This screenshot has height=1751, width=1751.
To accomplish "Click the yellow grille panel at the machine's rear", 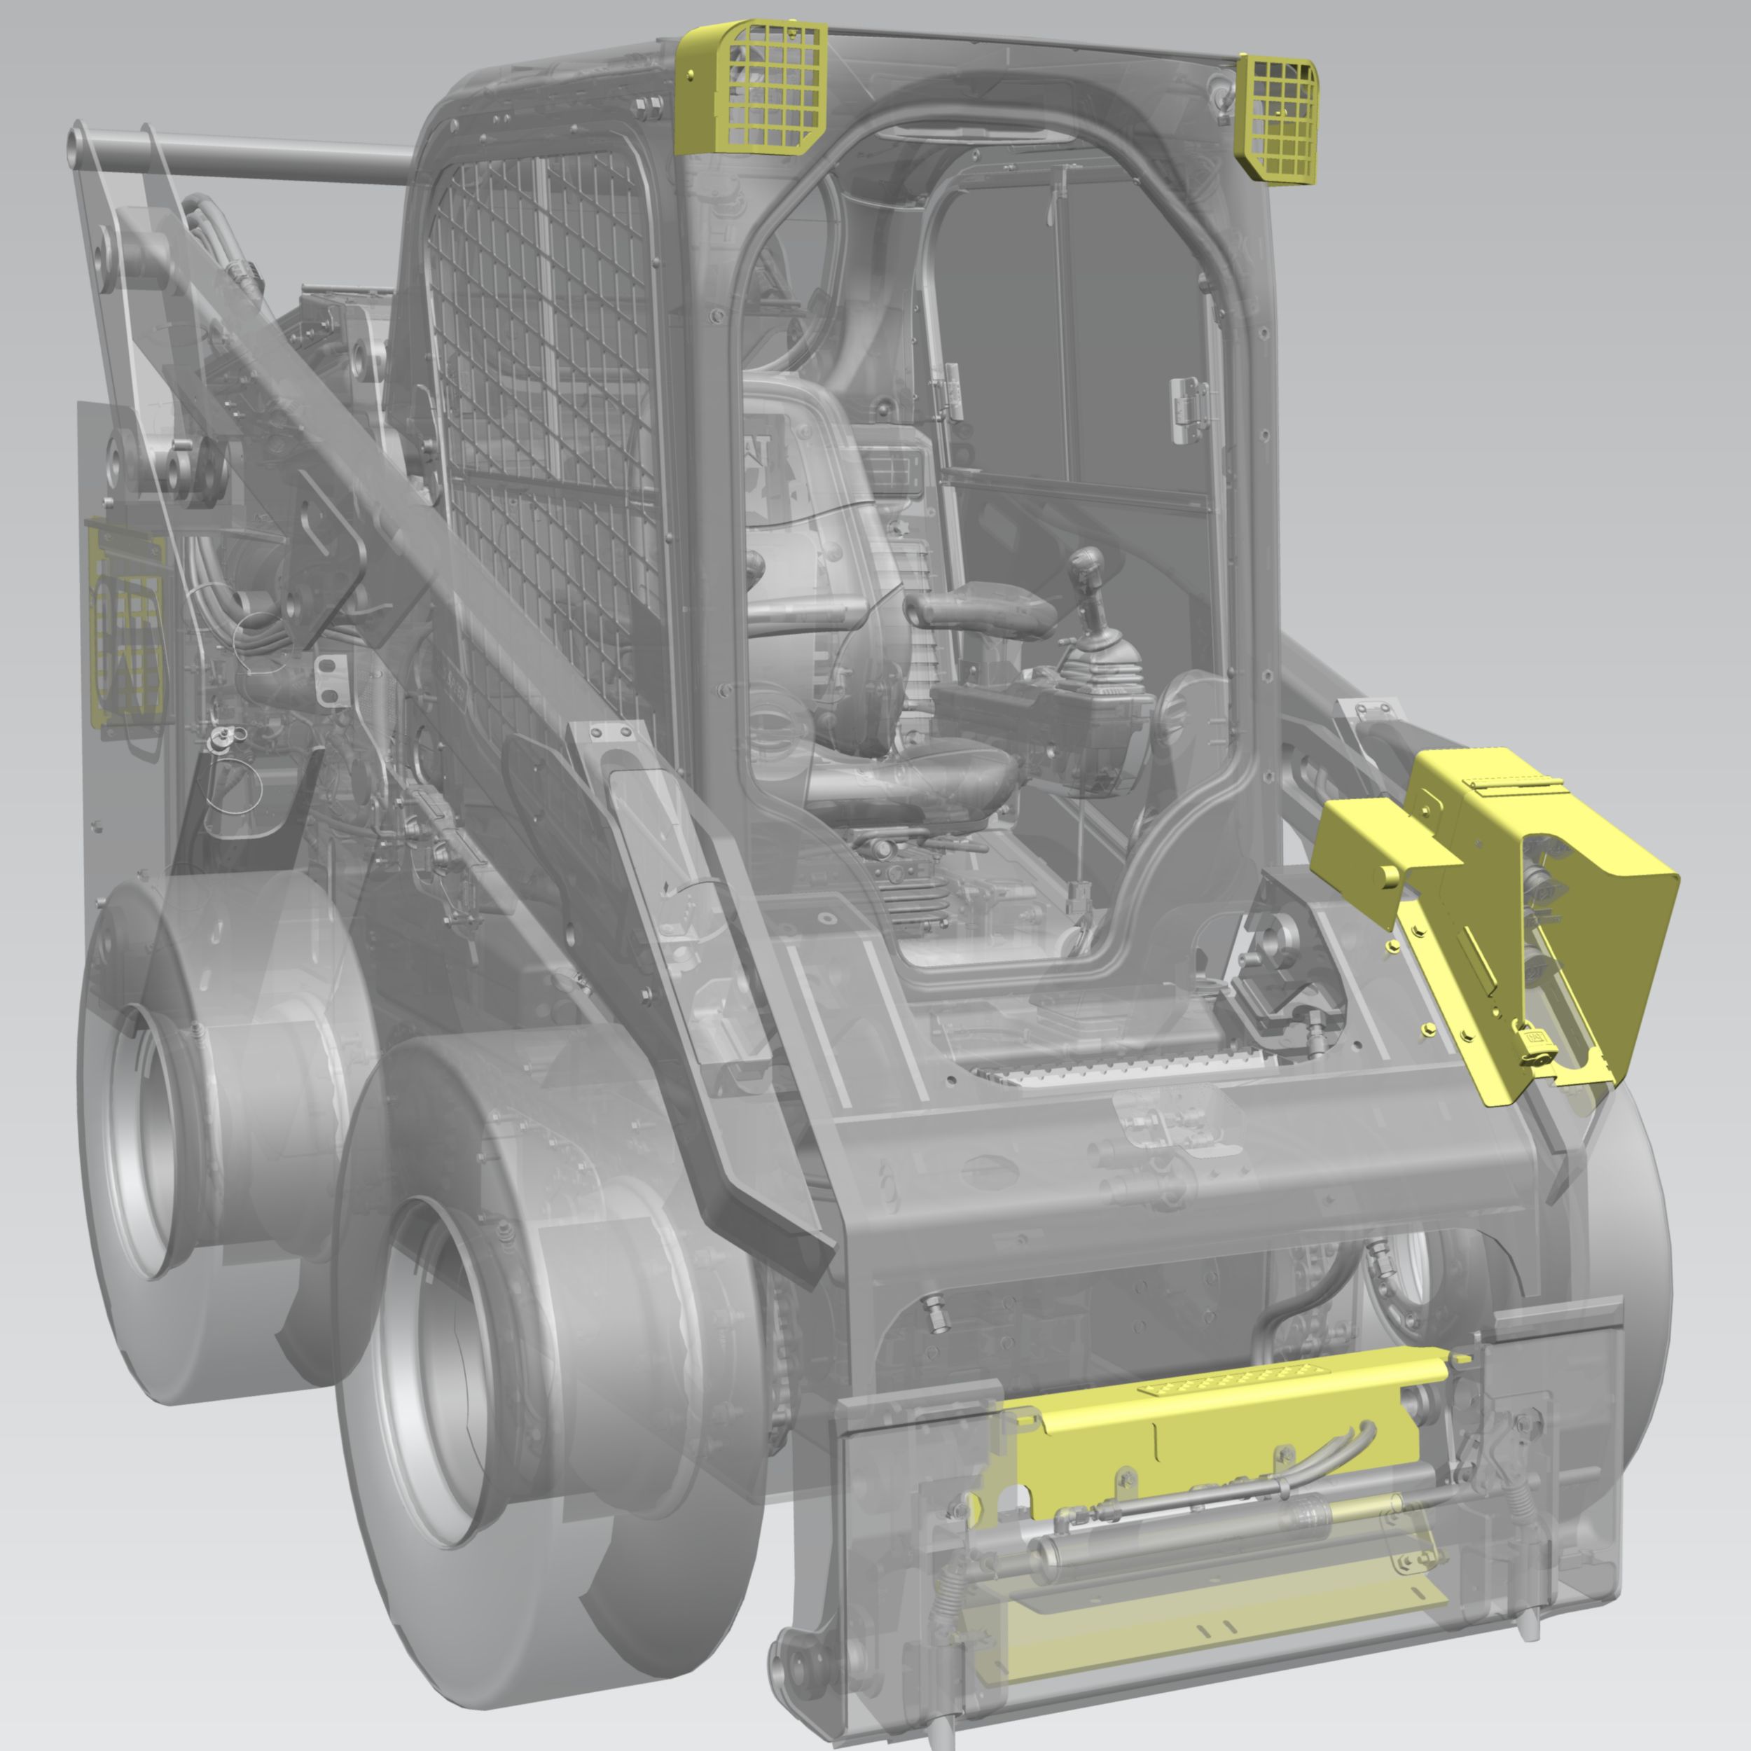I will point(127,625).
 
